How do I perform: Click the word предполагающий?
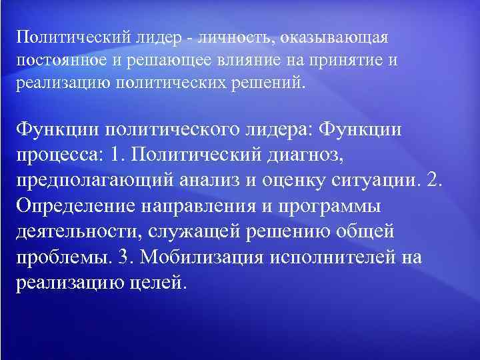pos(93,181)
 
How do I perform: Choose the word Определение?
pos(73,206)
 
